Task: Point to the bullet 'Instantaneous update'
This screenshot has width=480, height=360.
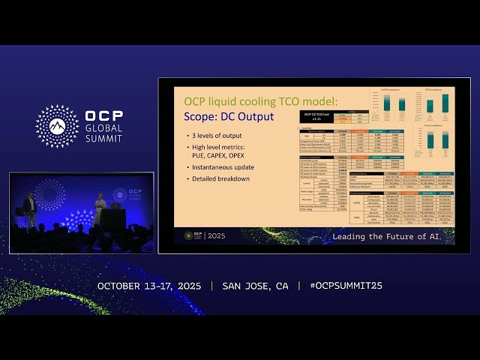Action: point(222,166)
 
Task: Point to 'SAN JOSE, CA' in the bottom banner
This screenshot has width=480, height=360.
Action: point(255,286)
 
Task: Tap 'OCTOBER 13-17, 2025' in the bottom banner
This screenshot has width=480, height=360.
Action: point(150,286)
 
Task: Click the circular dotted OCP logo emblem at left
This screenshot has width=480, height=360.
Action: point(57,126)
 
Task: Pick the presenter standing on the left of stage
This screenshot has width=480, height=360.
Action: point(30,208)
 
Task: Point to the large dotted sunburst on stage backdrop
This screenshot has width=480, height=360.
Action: point(50,194)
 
